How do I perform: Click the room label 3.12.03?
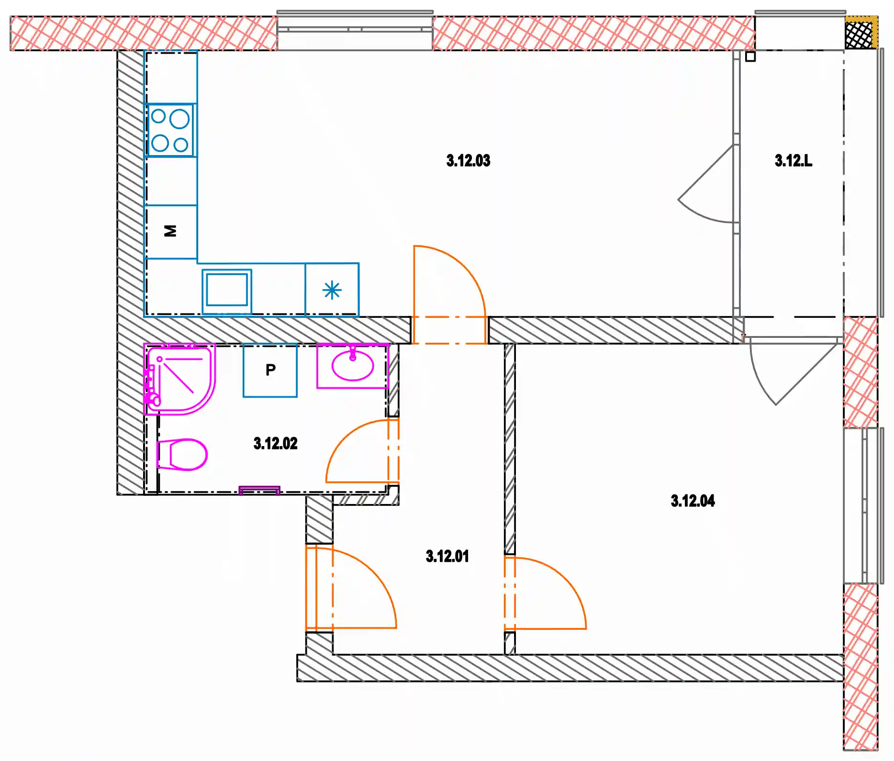coord(468,160)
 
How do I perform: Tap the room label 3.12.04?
coord(693,501)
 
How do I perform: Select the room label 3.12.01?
coord(447,556)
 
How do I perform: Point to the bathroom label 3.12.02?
coord(275,443)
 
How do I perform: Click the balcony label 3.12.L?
coord(793,160)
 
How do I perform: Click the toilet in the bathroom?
coord(182,455)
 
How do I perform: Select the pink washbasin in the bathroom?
coord(353,366)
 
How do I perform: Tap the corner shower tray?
coord(180,379)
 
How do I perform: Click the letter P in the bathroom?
coord(270,370)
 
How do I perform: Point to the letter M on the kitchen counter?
coord(170,231)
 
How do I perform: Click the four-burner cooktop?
coord(171,130)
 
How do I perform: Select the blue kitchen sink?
coord(227,291)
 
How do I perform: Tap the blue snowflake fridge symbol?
coord(332,290)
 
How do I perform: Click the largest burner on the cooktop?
coord(179,119)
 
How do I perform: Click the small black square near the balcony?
coord(750,56)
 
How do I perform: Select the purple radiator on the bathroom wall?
coord(259,490)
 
